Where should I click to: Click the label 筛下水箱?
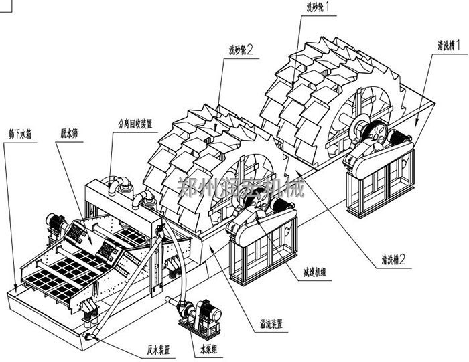coord(20,134)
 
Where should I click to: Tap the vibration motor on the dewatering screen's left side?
coord(54,223)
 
